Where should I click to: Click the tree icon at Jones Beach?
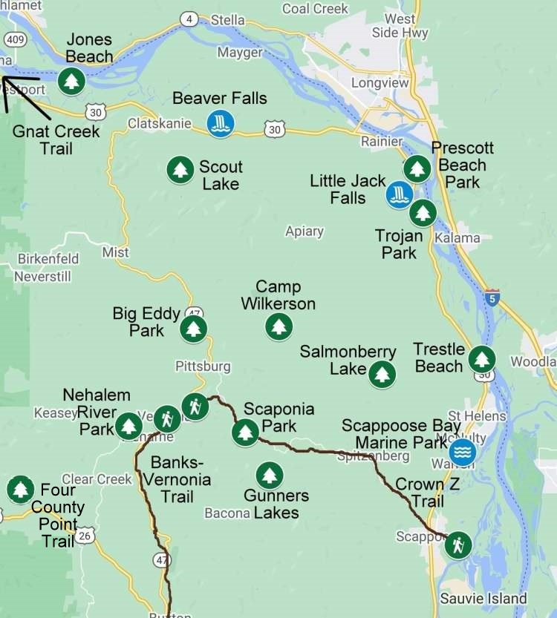point(71,80)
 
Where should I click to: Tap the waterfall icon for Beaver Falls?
point(220,123)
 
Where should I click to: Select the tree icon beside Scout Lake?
point(180,170)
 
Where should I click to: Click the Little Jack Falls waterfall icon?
point(400,195)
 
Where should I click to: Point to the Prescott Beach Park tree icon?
point(417,168)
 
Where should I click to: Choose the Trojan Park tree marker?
point(423,213)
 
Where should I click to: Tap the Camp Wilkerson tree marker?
point(278,326)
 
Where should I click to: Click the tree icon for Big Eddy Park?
point(194,329)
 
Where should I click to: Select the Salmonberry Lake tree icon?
point(382,374)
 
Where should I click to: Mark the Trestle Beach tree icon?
point(482,360)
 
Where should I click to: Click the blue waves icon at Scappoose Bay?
point(463,451)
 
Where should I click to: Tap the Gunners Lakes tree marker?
point(269,475)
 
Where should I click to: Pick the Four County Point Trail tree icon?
point(20,490)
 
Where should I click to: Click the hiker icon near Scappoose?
point(458,546)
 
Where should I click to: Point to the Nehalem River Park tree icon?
point(128,426)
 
